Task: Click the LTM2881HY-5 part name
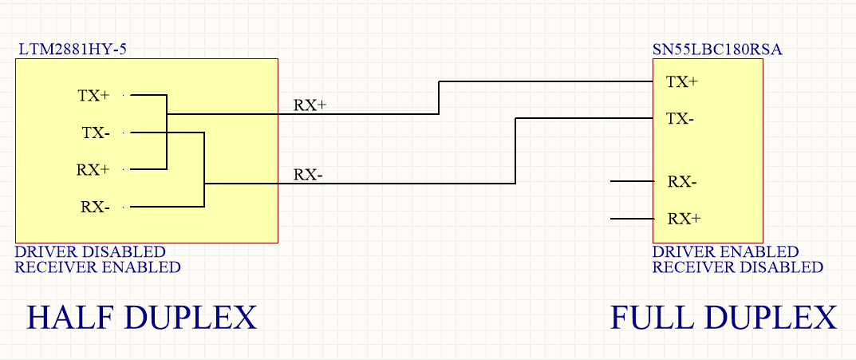[x=73, y=49]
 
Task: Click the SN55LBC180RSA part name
[x=716, y=49]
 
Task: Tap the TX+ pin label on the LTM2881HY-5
[x=94, y=96]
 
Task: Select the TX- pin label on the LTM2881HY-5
[x=96, y=133]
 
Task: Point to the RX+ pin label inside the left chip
[x=93, y=169]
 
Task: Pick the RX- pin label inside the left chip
[x=95, y=207]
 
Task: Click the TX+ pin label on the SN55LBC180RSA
[x=682, y=81]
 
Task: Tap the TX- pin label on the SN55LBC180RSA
[x=680, y=119]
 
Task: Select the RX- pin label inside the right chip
[x=682, y=181]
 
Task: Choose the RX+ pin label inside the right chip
[x=684, y=218]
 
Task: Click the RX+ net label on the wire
[x=310, y=105]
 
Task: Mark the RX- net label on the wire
[x=308, y=174]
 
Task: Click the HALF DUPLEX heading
[x=142, y=318]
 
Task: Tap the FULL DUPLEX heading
[x=724, y=318]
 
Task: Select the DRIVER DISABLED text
[x=90, y=251]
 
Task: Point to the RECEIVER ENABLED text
[x=97, y=267]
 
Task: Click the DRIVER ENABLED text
[x=725, y=251]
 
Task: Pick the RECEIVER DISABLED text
[x=737, y=267]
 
